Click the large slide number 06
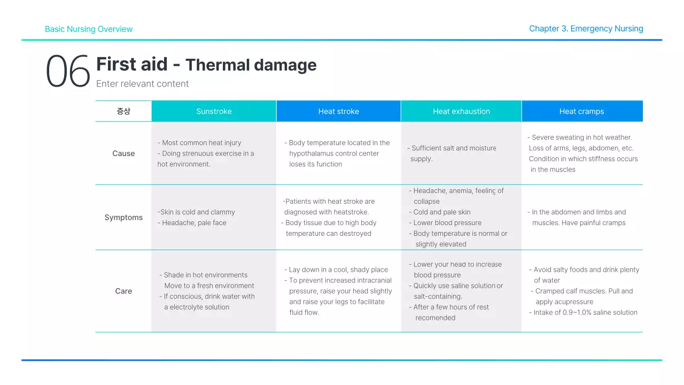pos(68,72)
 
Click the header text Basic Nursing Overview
pos(89,29)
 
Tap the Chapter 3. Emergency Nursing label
pos(586,29)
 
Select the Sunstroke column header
pos(214,111)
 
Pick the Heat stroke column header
pos(338,111)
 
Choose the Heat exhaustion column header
pos(461,111)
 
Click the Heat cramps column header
pos(581,111)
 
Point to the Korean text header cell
pos(123,111)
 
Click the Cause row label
pos(123,153)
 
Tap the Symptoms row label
pos(123,218)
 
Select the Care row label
pos(123,291)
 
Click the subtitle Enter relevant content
pos(142,84)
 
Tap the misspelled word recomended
pos(436,318)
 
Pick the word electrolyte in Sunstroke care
pos(190,307)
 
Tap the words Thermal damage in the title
pos(251,65)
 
